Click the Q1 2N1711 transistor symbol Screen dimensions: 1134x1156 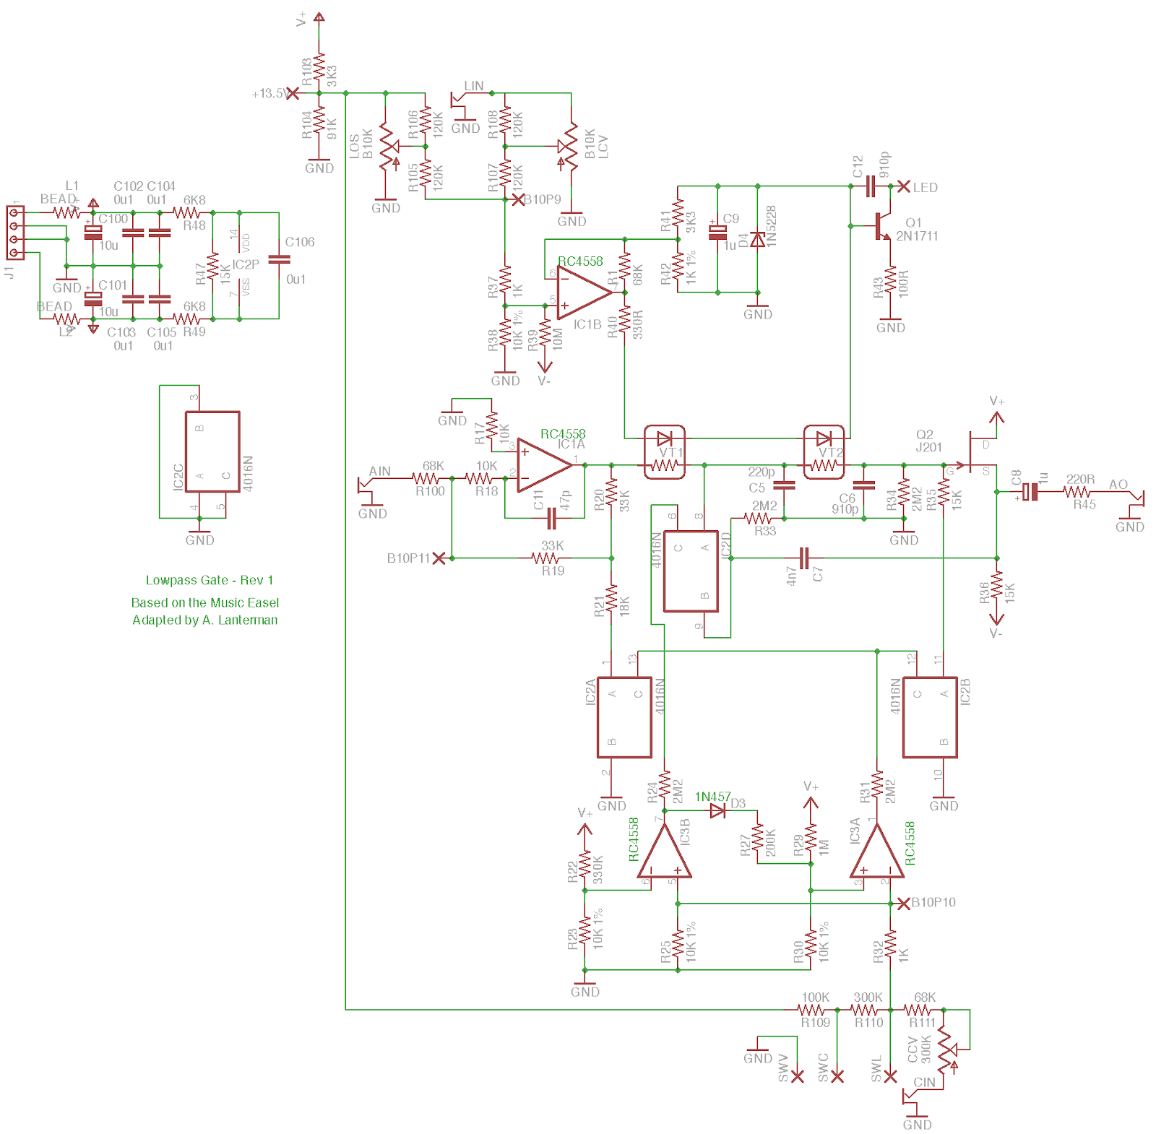pyautogui.click(x=883, y=226)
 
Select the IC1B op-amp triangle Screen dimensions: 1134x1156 pyautogui.click(x=582, y=293)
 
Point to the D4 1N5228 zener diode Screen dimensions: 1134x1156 pyautogui.click(x=757, y=239)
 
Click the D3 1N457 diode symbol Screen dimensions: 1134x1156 pyautogui.click(x=718, y=811)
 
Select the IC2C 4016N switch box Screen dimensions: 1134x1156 pyautogui.click(x=212, y=452)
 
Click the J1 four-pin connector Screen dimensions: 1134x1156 pyautogui.click(x=14, y=233)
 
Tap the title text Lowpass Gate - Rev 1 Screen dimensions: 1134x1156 pyautogui.click(x=210, y=580)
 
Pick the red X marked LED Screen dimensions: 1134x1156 pyautogui.click(x=903, y=186)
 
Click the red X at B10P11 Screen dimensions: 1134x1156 pyautogui.click(x=439, y=558)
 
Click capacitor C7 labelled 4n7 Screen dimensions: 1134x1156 pyautogui.click(x=805, y=558)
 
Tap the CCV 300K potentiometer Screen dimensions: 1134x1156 pyautogui.click(x=946, y=1049)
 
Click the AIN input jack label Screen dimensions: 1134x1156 pyautogui.click(x=379, y=471)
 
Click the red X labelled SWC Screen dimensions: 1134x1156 pyautogui.click(x=837, y=1077)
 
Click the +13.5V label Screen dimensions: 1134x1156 pyautogui.click(x=269, y=94)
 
